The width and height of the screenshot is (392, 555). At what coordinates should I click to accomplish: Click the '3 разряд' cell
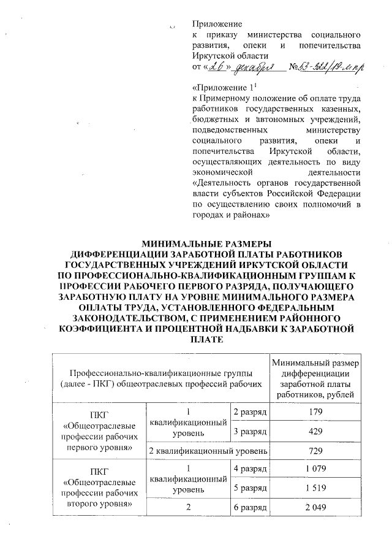[x=249, y=431]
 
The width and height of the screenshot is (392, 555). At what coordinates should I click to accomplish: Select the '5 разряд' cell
[x=249, y=490]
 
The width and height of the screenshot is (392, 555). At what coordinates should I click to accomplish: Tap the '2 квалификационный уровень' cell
[x=209, y=451]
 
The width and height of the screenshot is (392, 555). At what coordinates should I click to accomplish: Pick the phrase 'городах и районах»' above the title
[x=232, y=216]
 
